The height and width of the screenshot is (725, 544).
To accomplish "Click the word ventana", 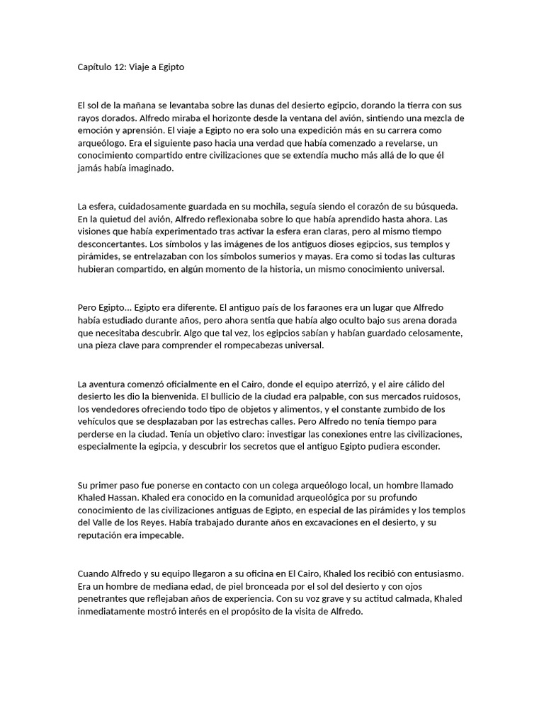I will [x=334, y=118].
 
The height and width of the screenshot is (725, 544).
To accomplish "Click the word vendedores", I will [x=114, y=409].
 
